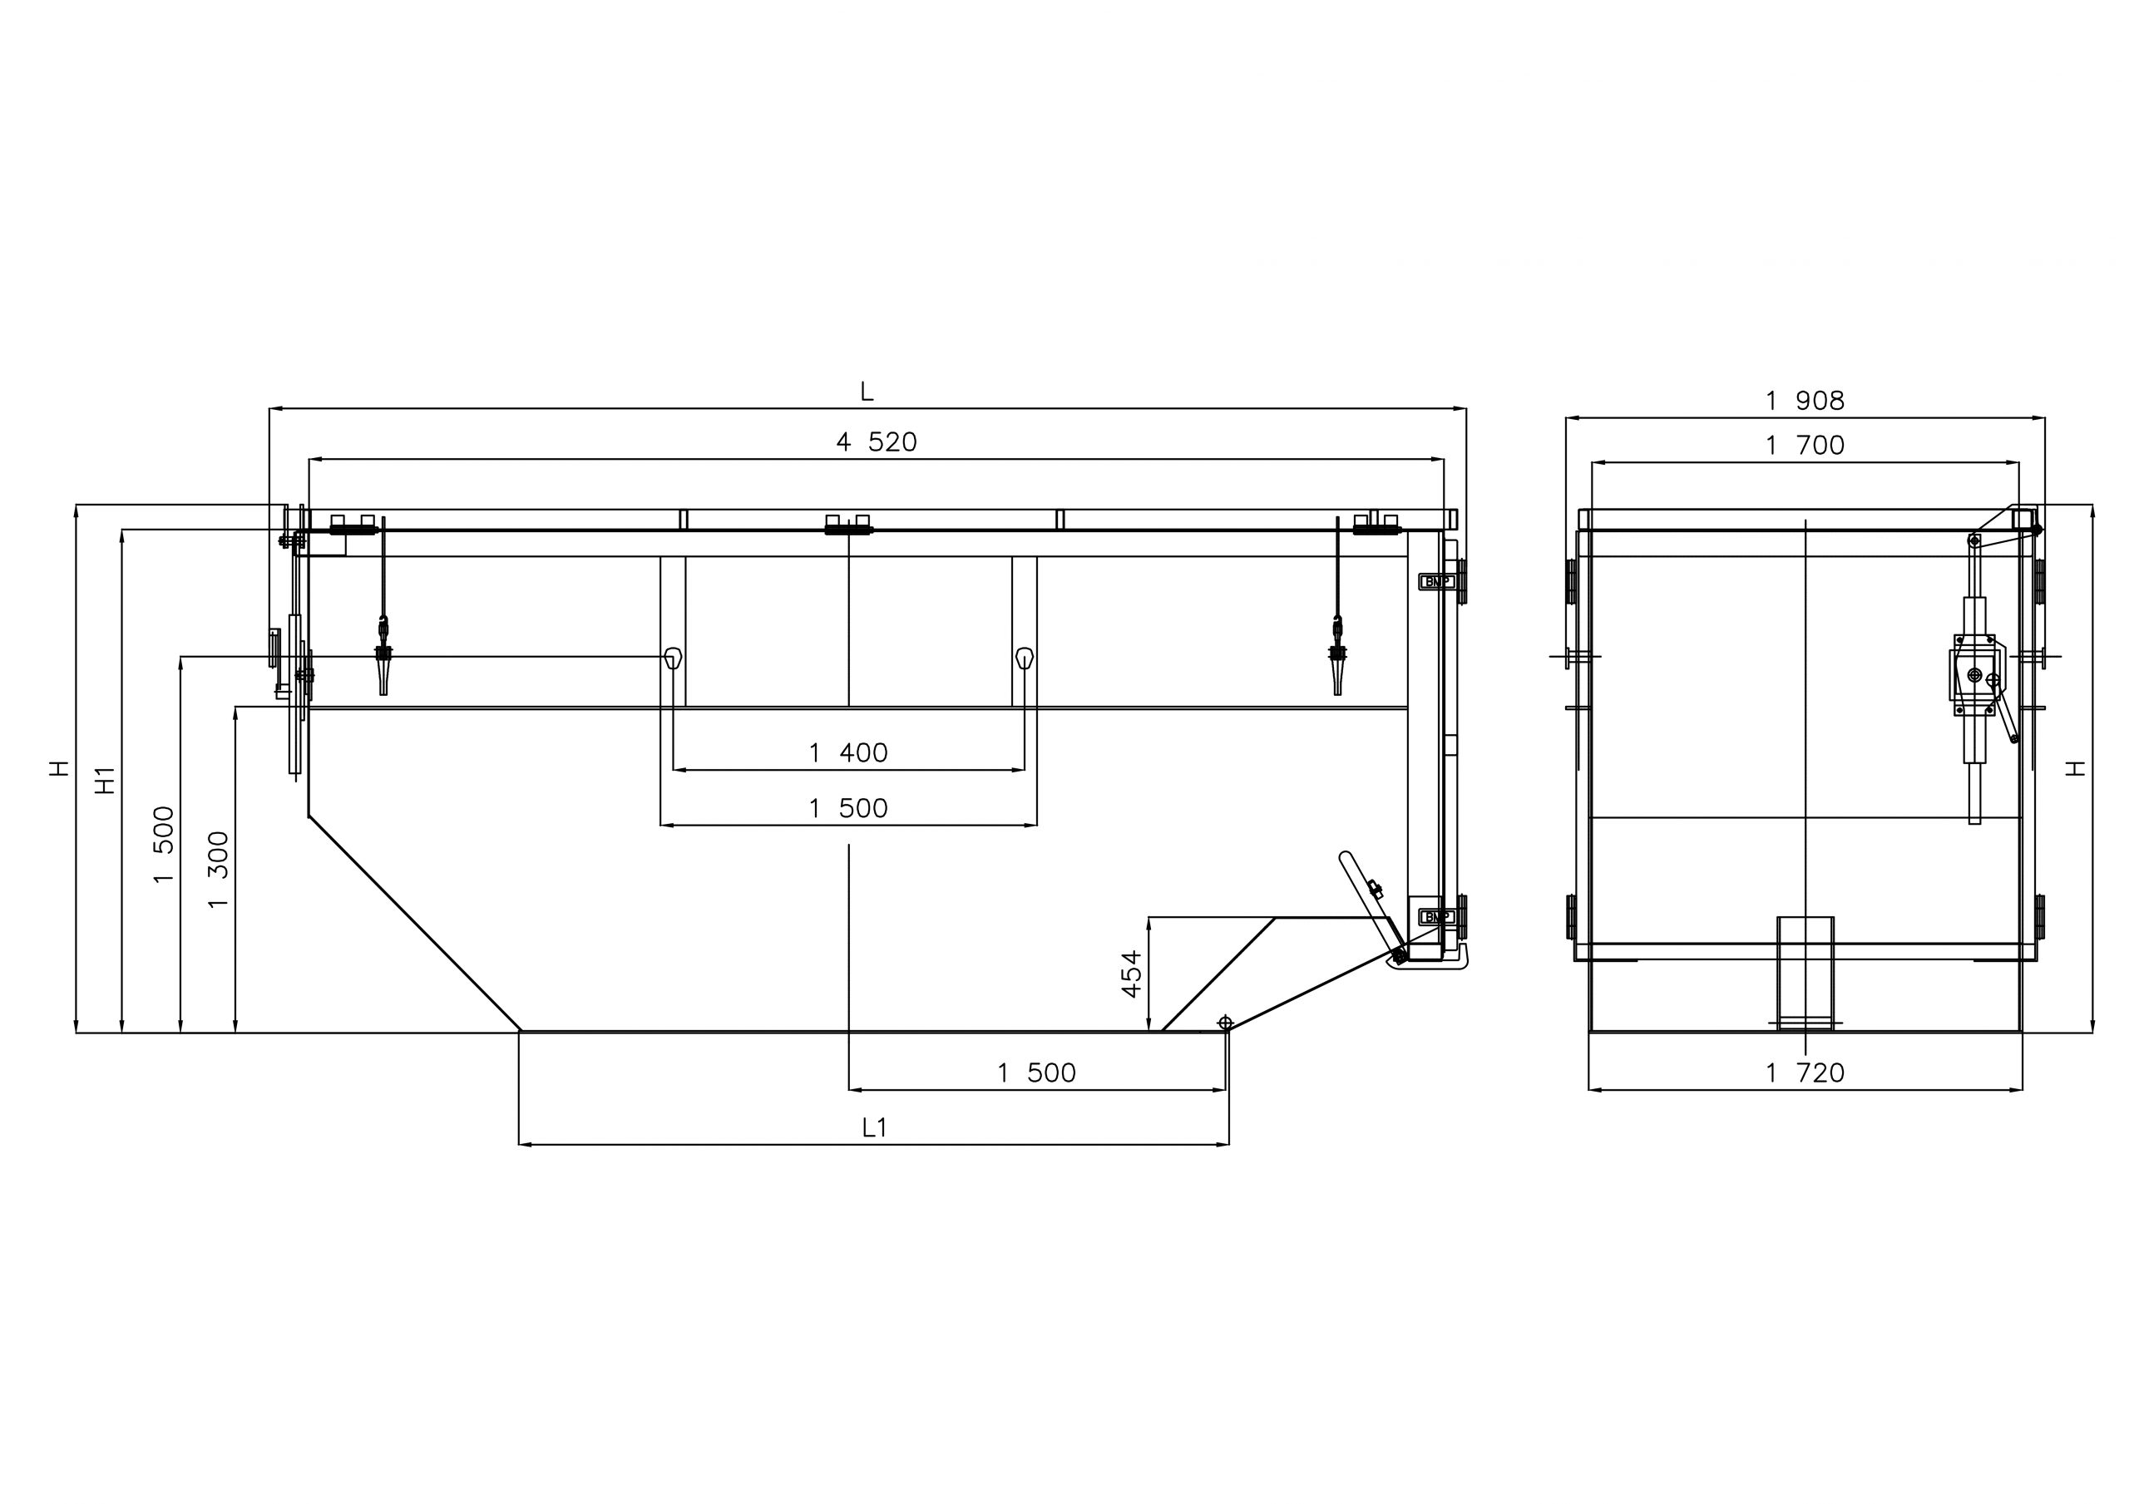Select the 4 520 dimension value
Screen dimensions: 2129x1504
[x=877, y=442]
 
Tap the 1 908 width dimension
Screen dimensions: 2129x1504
[x=1805, y=401]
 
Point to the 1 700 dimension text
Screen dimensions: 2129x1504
[x=1805, y=445]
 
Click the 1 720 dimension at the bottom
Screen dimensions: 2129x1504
[x=1805, y=1073]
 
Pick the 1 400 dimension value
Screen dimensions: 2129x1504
[x=848, y=753]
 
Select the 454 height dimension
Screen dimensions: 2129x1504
[x=1131, y=974]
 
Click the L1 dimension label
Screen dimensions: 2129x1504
[x=874, y=1127]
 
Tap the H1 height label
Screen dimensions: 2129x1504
[x=106, y=780]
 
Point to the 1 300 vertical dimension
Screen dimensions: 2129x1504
[x=218, y=870]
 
